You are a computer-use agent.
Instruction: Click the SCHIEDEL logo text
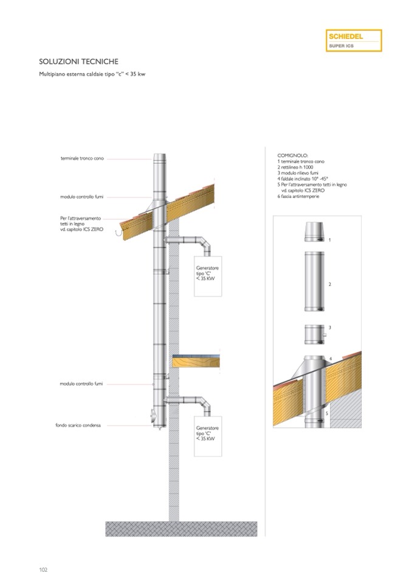point(346,36)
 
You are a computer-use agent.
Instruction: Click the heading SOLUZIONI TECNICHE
point(79,62)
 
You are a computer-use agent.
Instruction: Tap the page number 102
point(44,569)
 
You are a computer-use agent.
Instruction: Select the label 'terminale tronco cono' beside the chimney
point(82,158)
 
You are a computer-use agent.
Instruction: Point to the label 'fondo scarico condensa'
point(78,425)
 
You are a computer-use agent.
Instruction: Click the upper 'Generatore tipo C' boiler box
point(208,276)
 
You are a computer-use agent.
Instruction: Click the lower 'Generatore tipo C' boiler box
point(208,436)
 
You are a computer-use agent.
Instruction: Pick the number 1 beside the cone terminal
point(329,240)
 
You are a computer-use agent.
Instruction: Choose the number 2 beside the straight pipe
point(329,284)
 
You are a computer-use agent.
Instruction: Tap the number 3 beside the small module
point(329,328)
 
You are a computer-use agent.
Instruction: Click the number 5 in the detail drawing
point(326,413)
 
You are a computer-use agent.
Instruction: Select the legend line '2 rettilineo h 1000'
point(295,167)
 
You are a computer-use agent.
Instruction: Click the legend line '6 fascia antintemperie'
point(298,197)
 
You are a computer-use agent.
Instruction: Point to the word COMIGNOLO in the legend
point(293,155)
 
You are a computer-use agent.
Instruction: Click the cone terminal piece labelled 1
point(314,232)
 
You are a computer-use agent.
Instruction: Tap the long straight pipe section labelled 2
point(314,282)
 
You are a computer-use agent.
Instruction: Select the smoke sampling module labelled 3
point(315,334)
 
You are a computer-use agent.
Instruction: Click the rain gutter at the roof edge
point(120,233)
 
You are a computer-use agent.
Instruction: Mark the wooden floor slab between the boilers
point(196,361)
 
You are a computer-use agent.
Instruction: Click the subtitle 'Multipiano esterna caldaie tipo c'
point(92,74)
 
